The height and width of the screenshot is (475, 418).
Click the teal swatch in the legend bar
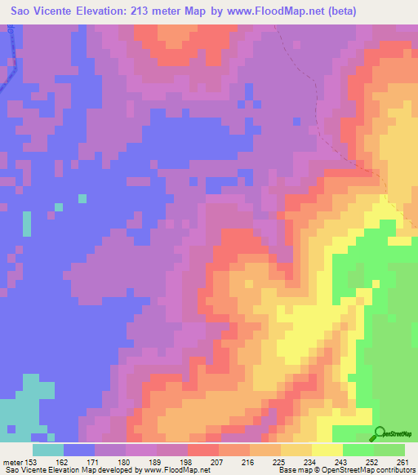48,450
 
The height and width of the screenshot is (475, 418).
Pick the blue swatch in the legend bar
79,450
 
